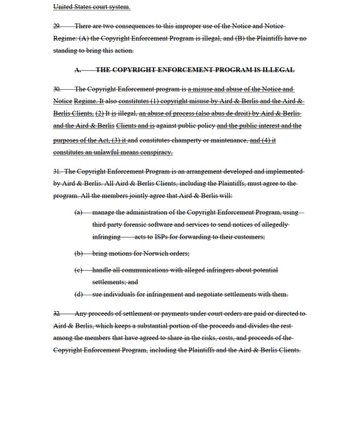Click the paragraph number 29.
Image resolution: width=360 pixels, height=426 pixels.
coord(57,26)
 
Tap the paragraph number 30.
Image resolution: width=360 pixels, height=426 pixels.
coord(57,89)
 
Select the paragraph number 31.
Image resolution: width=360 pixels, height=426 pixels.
coord(57,171)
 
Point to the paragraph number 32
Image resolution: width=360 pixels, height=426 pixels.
coord(57,313)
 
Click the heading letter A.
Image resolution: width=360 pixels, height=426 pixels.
coord(78,70)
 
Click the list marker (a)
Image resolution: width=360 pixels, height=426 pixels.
coord(78,212)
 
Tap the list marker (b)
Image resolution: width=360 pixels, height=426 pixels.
coord(78,254)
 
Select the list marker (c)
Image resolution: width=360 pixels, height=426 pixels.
coord(78,270)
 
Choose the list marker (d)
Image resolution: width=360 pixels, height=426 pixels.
coord(78,294)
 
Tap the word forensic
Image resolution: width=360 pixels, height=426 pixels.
coord(134,225)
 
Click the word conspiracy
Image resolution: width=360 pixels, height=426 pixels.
coord(156,152)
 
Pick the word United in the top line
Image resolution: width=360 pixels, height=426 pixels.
coord(64,7)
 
